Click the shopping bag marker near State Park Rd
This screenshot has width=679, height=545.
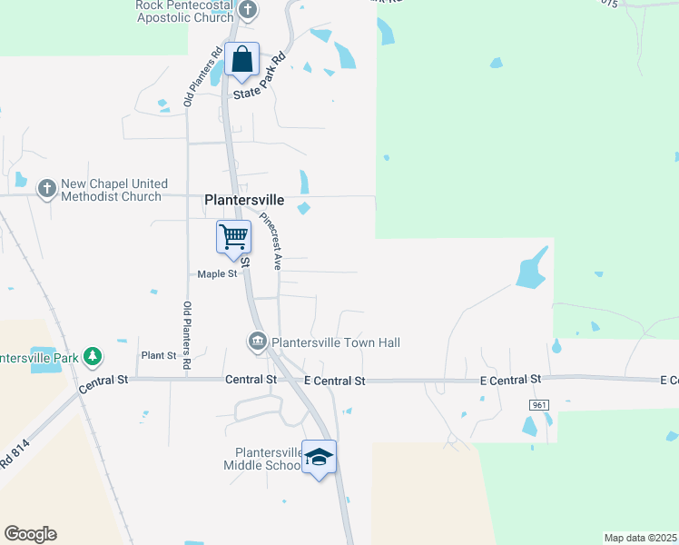click(x=242, y=61)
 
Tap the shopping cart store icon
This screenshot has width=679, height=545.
click(x=233, y=237)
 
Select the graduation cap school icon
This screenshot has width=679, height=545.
click(x=319, y=457)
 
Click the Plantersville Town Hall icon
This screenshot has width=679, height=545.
click(x=257, y=342)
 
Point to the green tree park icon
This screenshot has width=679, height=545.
click(x=92, y=355)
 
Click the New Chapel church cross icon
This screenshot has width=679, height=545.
click(x=46, y=189)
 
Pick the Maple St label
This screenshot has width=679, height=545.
click(x=217, y=273)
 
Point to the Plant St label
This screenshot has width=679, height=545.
click(x=158, y=355)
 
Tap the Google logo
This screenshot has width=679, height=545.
click(x=30, y=534)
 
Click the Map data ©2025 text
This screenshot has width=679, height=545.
click(x=640, y=538)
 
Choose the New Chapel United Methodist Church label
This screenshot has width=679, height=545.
click(x=111, y=189)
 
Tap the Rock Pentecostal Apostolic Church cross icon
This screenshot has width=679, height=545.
click(x=247, y=11)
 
